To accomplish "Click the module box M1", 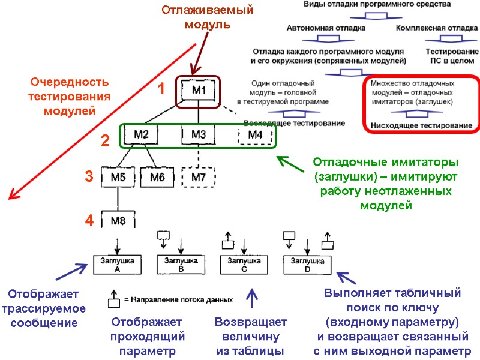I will pyautogui.click(x=199, y=91).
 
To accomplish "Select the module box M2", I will pyautogui.click(x=140, y=134).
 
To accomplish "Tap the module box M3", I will pyautogui.click(x=198, y=134).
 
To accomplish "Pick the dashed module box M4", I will pyautogui.click(x=255, y=134).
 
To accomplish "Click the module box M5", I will pyautogui.click(x=118, y=177).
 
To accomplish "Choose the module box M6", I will pyautogui.click(x=157, y=177).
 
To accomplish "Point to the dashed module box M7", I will pyautogui.click(x=198, y=177).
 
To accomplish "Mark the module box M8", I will pyautogui.click(x=118, y=221).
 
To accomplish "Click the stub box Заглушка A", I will pyautogui.click(x=118, y=265).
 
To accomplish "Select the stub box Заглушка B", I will pyautogui.click(x=181, y=265).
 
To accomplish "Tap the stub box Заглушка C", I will pyautogui.click(x=244, y=265).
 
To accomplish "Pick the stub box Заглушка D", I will pyautogui.click(x=307, y=265).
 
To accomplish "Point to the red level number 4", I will pyautogui.click(x=89, y=221).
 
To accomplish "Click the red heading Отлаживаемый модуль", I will pyautogui.click(x=207, y=17).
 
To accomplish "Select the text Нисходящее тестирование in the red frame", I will pyautogui.click(x=421, y=125).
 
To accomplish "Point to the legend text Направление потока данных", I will pyautogui.click(x=178, y=299).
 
